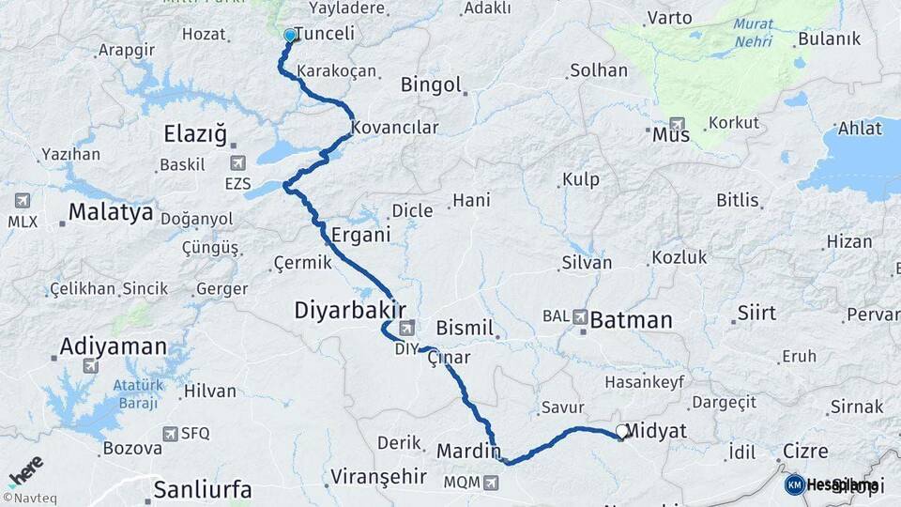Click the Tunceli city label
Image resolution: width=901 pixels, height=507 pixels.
(325, 34)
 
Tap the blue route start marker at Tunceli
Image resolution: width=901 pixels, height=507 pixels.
(289, 36)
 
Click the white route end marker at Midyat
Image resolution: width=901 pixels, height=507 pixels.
(621, 433)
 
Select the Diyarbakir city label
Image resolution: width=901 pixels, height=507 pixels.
(350, 310)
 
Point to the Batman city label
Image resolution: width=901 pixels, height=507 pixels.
(632, 320)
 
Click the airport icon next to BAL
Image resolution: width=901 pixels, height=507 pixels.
(581, 317)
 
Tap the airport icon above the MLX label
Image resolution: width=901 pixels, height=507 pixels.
(23, 200)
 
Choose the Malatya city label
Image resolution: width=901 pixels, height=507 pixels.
(110, 212)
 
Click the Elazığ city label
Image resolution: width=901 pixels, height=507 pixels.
(195, 134)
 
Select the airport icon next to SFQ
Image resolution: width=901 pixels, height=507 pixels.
(170, 433)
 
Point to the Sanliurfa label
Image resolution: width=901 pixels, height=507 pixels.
(202, 488)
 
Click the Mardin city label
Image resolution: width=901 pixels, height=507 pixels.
(468, 452)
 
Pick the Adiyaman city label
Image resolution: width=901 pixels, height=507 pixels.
(113, 346)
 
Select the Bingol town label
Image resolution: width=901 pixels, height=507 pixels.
(431, 84)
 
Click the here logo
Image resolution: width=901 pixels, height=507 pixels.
(25, 470)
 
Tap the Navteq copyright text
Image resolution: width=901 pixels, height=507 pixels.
(28, 498)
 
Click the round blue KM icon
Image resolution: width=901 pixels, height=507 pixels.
(794, 484)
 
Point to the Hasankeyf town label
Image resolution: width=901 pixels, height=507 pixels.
(644, 382)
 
